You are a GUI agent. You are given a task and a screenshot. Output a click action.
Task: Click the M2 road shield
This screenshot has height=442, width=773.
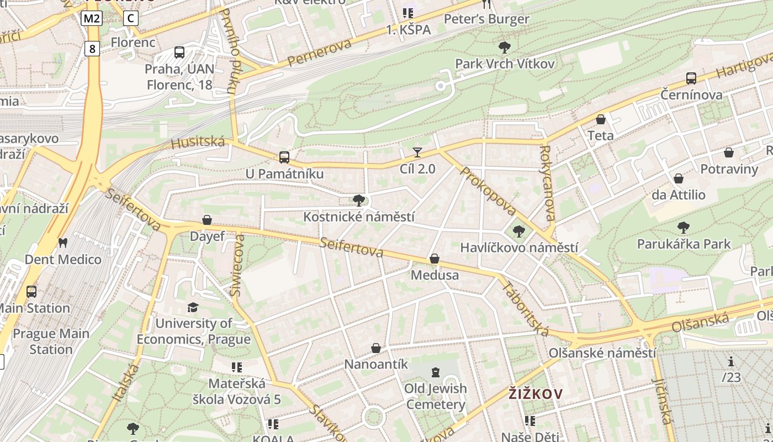92,18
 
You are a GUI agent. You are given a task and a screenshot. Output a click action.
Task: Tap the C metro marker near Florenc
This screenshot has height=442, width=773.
130,18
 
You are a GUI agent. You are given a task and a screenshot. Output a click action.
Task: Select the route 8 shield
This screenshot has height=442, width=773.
92,49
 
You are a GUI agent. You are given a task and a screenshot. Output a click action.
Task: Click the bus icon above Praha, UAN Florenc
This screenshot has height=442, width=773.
179,52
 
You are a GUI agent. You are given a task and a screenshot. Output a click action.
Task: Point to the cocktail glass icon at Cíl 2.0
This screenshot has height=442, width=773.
417,152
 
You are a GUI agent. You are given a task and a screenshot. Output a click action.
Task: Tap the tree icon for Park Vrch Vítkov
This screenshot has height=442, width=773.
504,48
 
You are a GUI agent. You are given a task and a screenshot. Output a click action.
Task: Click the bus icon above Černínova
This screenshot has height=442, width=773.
691,78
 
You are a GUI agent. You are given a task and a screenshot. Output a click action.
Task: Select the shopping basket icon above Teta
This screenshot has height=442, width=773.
601,119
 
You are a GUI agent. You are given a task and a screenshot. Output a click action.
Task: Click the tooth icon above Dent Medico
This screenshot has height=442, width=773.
62,243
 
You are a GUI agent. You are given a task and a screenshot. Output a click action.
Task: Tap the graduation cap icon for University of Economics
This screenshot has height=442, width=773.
193,307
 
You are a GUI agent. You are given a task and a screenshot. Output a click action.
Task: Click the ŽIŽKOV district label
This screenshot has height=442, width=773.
535,394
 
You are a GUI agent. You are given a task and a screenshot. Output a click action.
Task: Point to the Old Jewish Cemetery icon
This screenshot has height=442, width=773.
436,372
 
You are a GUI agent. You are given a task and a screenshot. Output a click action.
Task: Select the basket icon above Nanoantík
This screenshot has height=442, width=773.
376,348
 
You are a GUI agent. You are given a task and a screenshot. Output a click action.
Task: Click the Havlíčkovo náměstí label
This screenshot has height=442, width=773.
519,248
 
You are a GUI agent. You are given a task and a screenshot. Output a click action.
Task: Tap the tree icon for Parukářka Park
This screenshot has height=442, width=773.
684,227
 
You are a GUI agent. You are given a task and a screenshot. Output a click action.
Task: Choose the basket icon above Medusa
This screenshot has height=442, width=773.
435,259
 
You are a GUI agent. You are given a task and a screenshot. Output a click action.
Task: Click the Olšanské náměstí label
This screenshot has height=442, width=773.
602,352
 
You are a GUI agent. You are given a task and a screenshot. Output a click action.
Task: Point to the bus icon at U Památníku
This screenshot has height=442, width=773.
284,157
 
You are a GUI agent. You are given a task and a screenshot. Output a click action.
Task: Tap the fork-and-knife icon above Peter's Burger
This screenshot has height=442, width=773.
486,4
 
